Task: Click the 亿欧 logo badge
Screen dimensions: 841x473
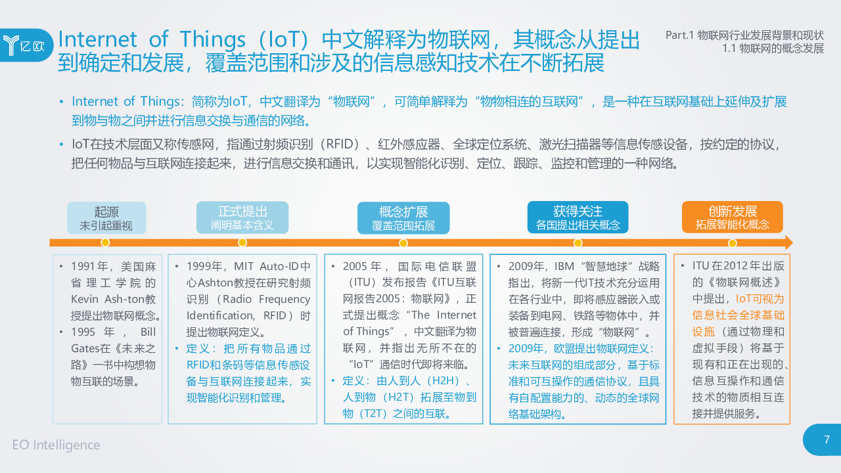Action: [26, 45]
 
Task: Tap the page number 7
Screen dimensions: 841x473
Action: [827, 439]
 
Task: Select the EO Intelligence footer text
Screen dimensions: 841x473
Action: [57, 445]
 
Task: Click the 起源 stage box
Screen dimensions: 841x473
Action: [106, 217]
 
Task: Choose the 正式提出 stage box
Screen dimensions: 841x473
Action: [242, 217]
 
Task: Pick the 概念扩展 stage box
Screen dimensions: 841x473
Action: [403, 217]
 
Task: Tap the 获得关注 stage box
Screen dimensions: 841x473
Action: [578, 217]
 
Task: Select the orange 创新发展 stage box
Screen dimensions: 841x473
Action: [733, 217]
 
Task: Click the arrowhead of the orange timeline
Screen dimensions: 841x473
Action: [789, 243]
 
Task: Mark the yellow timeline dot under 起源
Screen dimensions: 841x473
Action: [106, 243]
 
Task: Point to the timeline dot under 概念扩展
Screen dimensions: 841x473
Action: [403, 243]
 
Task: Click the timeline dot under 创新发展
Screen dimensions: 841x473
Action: [732, 243]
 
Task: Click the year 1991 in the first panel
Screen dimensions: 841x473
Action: [83, 267]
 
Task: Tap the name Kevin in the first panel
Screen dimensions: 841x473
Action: [85, 299]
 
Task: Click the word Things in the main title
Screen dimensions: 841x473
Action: [212, 39]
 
